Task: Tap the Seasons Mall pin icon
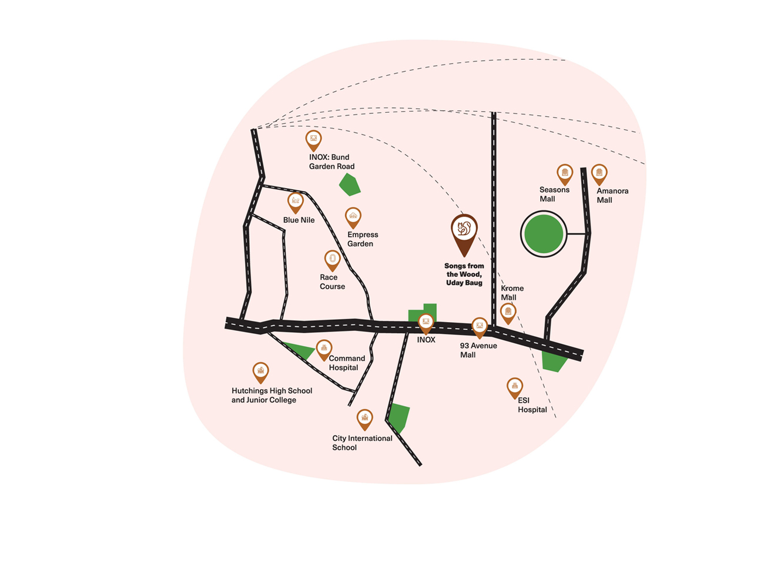(x=565, y=173)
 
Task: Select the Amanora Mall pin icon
(x=599, y=173)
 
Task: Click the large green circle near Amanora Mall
(x=544, y=235)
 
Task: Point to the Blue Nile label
(x=299, y=220)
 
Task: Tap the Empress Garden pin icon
(x=353, y=217)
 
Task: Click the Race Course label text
(x=332, y=282)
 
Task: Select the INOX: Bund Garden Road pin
(x=314, y=140)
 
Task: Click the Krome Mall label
(x=511, y=293)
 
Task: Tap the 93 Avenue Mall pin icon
(x=480, y=326)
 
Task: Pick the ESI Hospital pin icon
(x=515, y=387)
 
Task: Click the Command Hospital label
(x=346, y=363)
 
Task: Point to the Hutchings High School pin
(x=260, y=371)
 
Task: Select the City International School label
(x=361, y=443)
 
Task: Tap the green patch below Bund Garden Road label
(x=350, y=185)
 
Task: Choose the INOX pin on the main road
(x=425, y=322)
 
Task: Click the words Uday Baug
(x=464, y=283)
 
